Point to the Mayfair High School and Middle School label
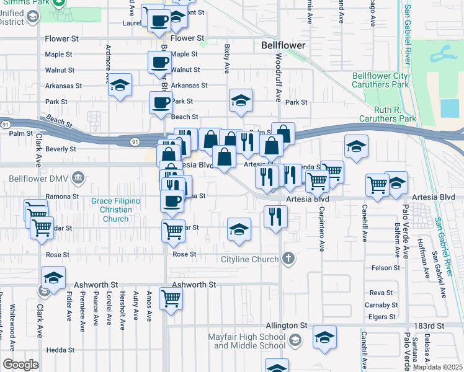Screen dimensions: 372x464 [246, 341]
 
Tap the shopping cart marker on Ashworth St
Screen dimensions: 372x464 [170, 298]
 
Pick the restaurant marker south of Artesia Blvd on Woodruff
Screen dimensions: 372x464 [275, 217]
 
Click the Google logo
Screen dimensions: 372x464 [20, 365]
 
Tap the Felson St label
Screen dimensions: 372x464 [385, 268]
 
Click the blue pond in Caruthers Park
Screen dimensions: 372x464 [450, 108]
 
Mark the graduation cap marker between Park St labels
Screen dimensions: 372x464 [241, 100]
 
